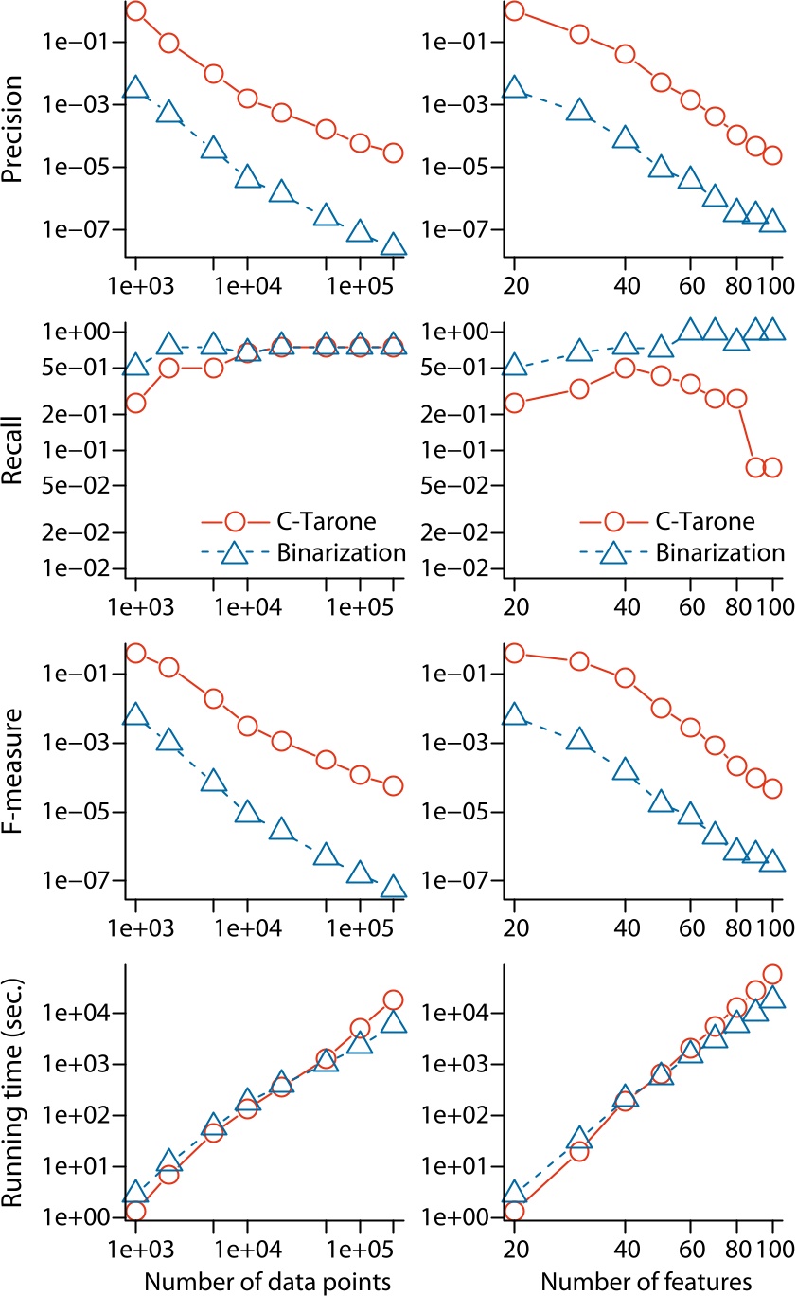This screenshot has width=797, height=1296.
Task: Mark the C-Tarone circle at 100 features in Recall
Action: [772, 467]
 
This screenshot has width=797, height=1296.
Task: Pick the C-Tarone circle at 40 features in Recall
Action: [625, 369]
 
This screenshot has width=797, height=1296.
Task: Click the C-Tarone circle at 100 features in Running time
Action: [772, 974]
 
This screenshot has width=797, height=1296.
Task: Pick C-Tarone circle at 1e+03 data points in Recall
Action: [136, 403]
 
